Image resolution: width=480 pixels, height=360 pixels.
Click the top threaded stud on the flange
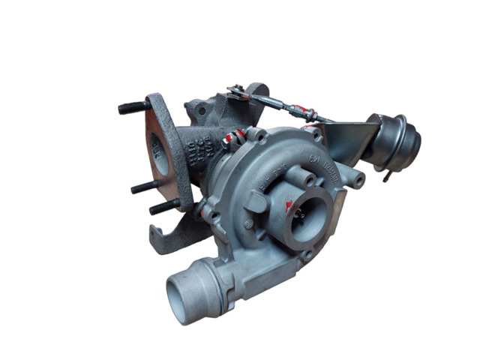pyautogui.click(x=132, y=107)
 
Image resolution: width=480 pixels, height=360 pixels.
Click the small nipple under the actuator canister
pyautogui.click(x=387, y=177)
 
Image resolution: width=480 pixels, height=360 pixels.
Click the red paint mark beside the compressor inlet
pyautogui.click(x=289, y=204)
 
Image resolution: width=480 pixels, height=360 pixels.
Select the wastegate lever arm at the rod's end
pyautogui.click(x=238, y=93)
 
